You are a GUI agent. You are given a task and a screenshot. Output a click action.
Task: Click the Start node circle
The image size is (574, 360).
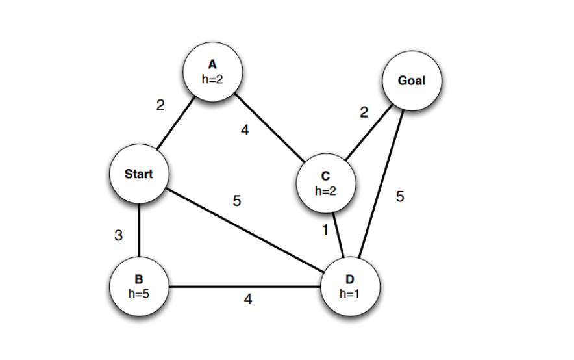[138, 174]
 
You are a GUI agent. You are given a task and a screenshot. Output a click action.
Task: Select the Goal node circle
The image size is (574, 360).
[412, 81]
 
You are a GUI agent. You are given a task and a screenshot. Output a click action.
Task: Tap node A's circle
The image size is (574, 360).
[212, 71]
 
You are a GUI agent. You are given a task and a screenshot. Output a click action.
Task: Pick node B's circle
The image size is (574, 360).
[138, 286]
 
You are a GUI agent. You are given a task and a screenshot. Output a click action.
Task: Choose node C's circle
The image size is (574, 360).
[325, 183]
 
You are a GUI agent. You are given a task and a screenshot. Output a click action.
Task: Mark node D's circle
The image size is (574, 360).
[350, 286]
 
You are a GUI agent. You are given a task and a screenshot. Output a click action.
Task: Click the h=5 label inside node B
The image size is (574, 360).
[138, 293]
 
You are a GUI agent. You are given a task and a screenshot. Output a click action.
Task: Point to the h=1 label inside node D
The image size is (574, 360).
[349, 293]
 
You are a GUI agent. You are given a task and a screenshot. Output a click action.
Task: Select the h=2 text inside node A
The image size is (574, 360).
[212, 78]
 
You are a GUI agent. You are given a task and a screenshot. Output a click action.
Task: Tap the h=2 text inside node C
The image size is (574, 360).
[325, 191]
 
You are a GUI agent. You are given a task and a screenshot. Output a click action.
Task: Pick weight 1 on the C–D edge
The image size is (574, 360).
[325, 230]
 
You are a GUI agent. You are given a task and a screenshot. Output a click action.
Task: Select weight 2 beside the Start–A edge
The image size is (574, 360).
[160, 106]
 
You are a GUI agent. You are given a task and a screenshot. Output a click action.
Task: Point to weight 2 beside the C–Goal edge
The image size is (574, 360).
[364, 113]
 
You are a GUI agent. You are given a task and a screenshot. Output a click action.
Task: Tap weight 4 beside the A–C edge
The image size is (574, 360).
[245, 131]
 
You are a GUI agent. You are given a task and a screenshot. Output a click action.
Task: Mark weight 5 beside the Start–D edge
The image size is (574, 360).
[237, 201]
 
